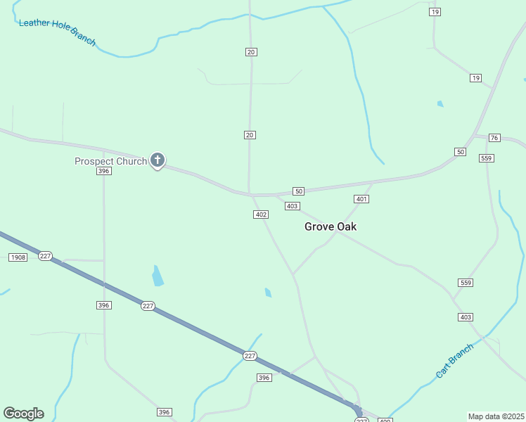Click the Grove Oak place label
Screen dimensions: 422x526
(330, 226)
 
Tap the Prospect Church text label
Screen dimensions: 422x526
(111, 161)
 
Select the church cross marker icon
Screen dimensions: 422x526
(158, 160)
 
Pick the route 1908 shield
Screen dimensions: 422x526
(18, 257)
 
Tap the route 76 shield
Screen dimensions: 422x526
(494, 138)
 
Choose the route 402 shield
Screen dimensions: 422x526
(260, 215)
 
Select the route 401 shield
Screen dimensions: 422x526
(361, 199)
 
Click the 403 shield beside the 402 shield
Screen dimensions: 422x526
(293, 206)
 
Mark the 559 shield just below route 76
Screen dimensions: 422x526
(487, 158)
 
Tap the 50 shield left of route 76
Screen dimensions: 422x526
(460, 152)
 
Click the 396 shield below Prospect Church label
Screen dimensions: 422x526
(104, 171)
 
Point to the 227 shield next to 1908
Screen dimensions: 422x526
(46, 256)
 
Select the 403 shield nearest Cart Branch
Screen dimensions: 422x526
(466, 317)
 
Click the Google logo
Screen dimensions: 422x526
(23, 414)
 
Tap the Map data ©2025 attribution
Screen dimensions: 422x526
(496, 416)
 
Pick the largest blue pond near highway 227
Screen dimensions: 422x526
(158, 276)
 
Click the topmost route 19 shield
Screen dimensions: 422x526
(435, 13)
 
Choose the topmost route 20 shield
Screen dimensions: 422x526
(250, 52)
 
